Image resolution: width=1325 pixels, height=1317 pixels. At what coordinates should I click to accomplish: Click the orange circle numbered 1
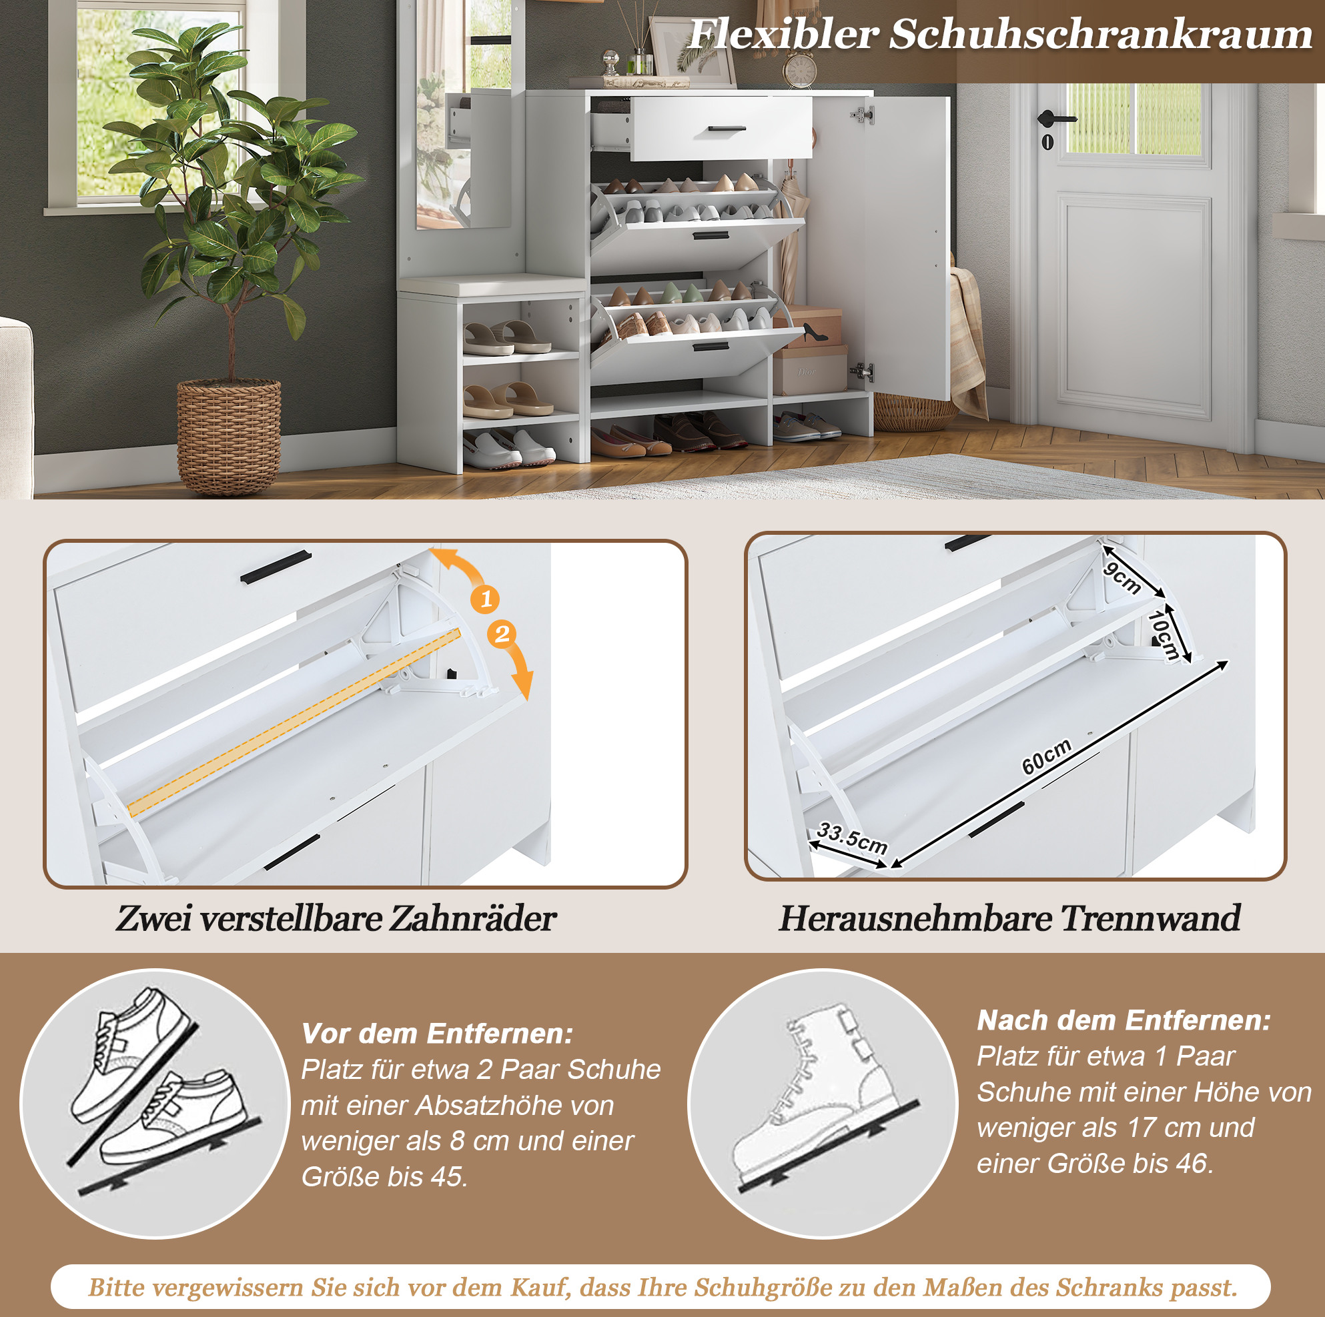click(x=486, y=599)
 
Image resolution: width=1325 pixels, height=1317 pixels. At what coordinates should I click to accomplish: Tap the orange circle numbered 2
click(x=502, y=633)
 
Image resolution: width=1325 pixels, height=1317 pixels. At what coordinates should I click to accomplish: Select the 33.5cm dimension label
click(x=853, y=838)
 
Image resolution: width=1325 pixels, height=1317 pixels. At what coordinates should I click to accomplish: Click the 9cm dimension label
click(x=1123, y=578)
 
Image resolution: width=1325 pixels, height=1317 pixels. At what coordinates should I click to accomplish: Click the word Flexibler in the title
click(x=783, y=33)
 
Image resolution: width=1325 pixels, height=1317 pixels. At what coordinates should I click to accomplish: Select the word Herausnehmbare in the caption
click(x=915, y=918)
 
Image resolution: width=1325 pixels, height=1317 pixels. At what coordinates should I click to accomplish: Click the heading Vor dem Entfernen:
click(x=437, y=1033)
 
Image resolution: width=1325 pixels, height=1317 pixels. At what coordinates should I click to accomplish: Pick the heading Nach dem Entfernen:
click(x=1124, y=1020)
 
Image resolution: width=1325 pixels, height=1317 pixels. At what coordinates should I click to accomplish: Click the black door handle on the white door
click(x=1054, y=118)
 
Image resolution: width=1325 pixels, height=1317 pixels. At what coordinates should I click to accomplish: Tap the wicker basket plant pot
click(x=229, y=435)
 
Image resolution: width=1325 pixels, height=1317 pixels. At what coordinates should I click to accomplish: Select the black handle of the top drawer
click(x=727, y=128)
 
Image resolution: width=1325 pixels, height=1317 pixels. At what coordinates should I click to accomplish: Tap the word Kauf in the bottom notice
click(x=540, y=1287)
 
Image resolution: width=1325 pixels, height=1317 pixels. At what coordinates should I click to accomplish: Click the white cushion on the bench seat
click(x=492, y=285)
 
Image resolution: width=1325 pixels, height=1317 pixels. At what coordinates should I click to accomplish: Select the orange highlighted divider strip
click(x=294, y=723)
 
